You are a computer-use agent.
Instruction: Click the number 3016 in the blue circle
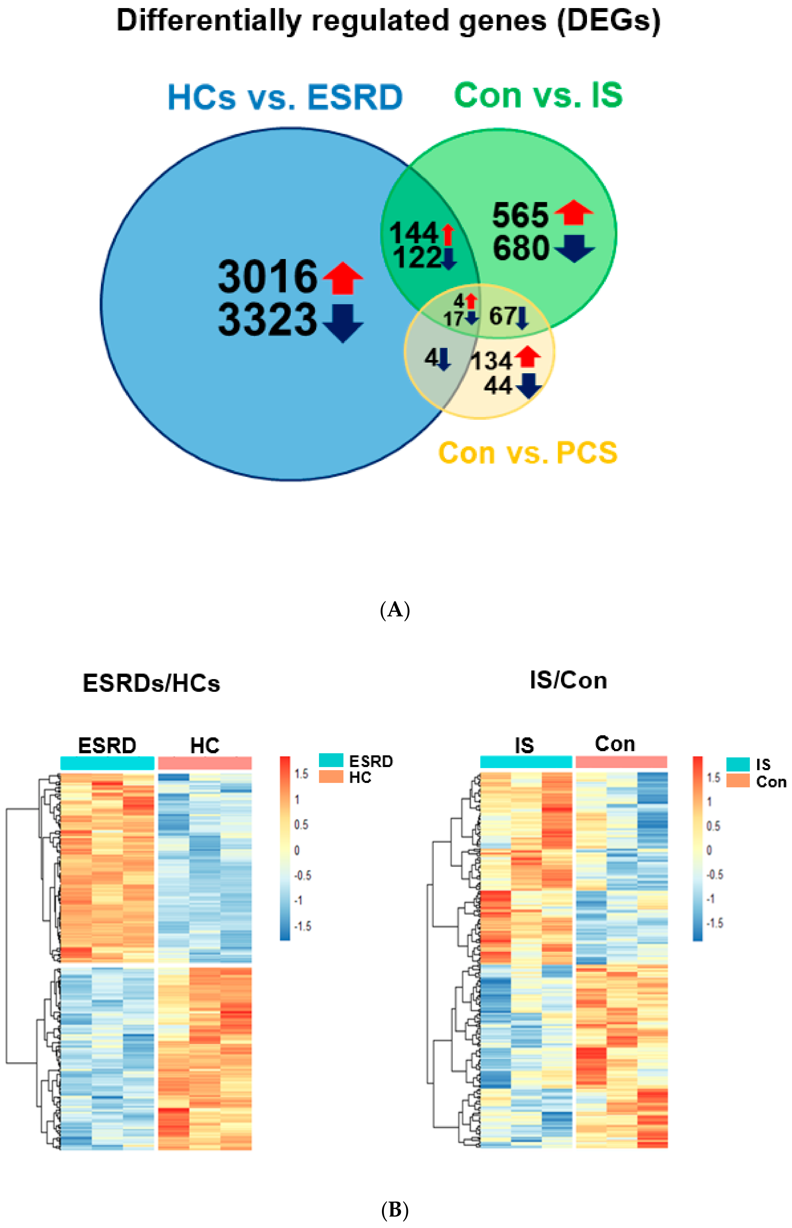point(267,277)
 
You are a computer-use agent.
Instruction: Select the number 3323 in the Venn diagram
point(267,320)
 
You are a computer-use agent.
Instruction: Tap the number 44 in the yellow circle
point(498,386)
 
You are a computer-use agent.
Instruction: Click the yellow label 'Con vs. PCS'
point(527,453)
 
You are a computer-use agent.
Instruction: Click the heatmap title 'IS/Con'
point(568,681)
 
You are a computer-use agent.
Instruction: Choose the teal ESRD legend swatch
point(331,760)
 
